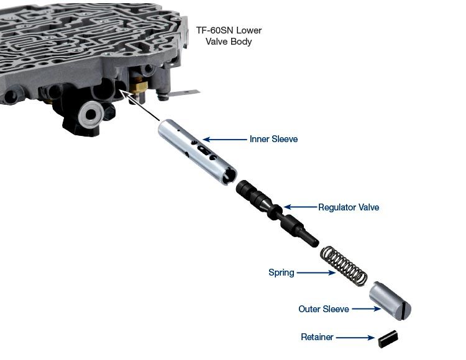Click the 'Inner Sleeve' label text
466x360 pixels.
(x=273, y=139)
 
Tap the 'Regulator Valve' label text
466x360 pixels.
(x=349, y=207)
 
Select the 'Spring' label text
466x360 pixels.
(x=281, y=272)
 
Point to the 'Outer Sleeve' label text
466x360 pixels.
(x=324, y=309)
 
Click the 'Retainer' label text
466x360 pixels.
(x=317, y=337)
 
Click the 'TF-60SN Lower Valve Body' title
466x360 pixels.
(x=229, y=35)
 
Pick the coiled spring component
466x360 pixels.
(x=344, y=266)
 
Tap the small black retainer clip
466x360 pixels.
(x=388, y=340)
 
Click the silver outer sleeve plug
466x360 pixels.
(x=390, y=300)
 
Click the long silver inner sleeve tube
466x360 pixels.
(x=197, y=152)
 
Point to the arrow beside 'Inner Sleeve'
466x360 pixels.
(x=225, y=139)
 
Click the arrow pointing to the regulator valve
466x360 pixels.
(x=300, y=207)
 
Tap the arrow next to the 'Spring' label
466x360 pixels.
(x=316, y=272)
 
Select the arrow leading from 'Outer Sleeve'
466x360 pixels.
(x=366, y=309)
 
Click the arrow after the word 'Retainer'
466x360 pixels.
(x=355, y=338)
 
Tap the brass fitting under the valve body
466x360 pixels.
(x=139, y=86)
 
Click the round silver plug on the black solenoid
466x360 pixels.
(x=91, y=114)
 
